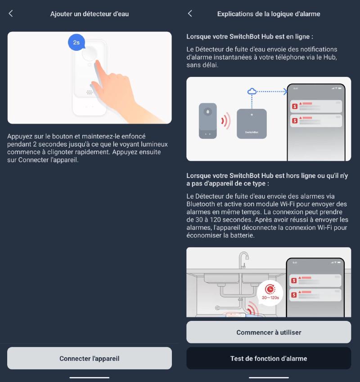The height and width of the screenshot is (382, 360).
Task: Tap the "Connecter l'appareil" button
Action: tap(90, 358)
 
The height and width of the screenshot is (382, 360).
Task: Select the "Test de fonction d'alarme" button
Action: tap(269, 358)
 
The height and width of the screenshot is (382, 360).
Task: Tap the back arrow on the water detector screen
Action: tap(11, 13)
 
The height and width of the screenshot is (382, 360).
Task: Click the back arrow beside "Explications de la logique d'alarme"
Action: tap(190, 13)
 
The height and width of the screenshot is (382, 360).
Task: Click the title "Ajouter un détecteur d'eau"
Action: tap(90, 14)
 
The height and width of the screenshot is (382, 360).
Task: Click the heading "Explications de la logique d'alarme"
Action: tap(269, 14)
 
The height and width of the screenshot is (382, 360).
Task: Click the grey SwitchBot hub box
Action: tap(251, 124)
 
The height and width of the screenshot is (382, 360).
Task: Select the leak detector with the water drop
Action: tap(207, 120)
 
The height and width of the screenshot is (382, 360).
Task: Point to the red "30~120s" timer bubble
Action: tap(270, 291)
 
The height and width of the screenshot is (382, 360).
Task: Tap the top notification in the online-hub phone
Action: tap(316, 106)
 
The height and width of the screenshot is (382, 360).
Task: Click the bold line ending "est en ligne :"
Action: tap(249, 36)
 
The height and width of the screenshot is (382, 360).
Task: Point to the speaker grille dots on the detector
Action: tap(90, 93)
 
